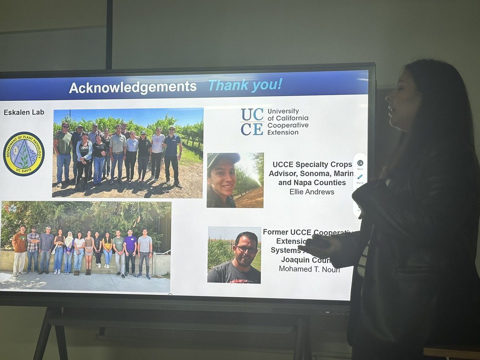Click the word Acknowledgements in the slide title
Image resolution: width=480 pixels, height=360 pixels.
[132, 87]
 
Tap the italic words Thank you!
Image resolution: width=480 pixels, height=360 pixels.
[245, 84]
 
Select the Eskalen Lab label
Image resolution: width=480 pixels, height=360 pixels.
[24, 112]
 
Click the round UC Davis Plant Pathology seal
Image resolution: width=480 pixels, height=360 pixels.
[24, 154]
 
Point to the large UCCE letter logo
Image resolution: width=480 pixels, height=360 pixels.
[252, 122]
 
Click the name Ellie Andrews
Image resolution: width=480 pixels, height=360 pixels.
[312, 192]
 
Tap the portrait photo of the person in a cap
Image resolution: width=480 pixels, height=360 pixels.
[235, 180]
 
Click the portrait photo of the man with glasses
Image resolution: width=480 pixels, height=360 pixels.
[234, 255]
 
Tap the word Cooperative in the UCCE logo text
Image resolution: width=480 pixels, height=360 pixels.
[288, 125]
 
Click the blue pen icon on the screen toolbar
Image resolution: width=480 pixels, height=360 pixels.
[360, 177]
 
